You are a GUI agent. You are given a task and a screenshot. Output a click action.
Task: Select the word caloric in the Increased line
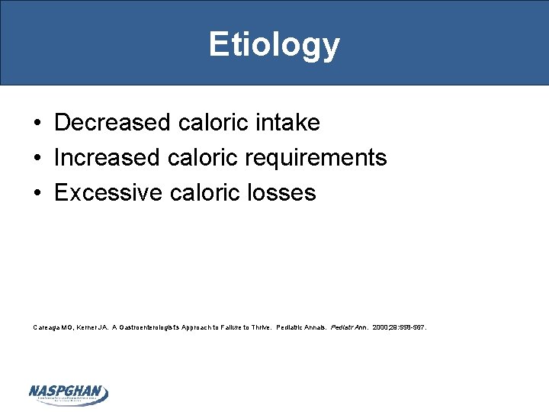coord(201,158)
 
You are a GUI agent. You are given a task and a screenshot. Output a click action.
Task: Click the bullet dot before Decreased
coord(37,123)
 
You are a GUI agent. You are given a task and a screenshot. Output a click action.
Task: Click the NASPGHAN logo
coord(69,394)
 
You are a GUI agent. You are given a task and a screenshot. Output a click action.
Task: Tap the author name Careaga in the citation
coord(48,327)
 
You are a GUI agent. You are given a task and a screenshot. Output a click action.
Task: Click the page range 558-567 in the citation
coord(412,327)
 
